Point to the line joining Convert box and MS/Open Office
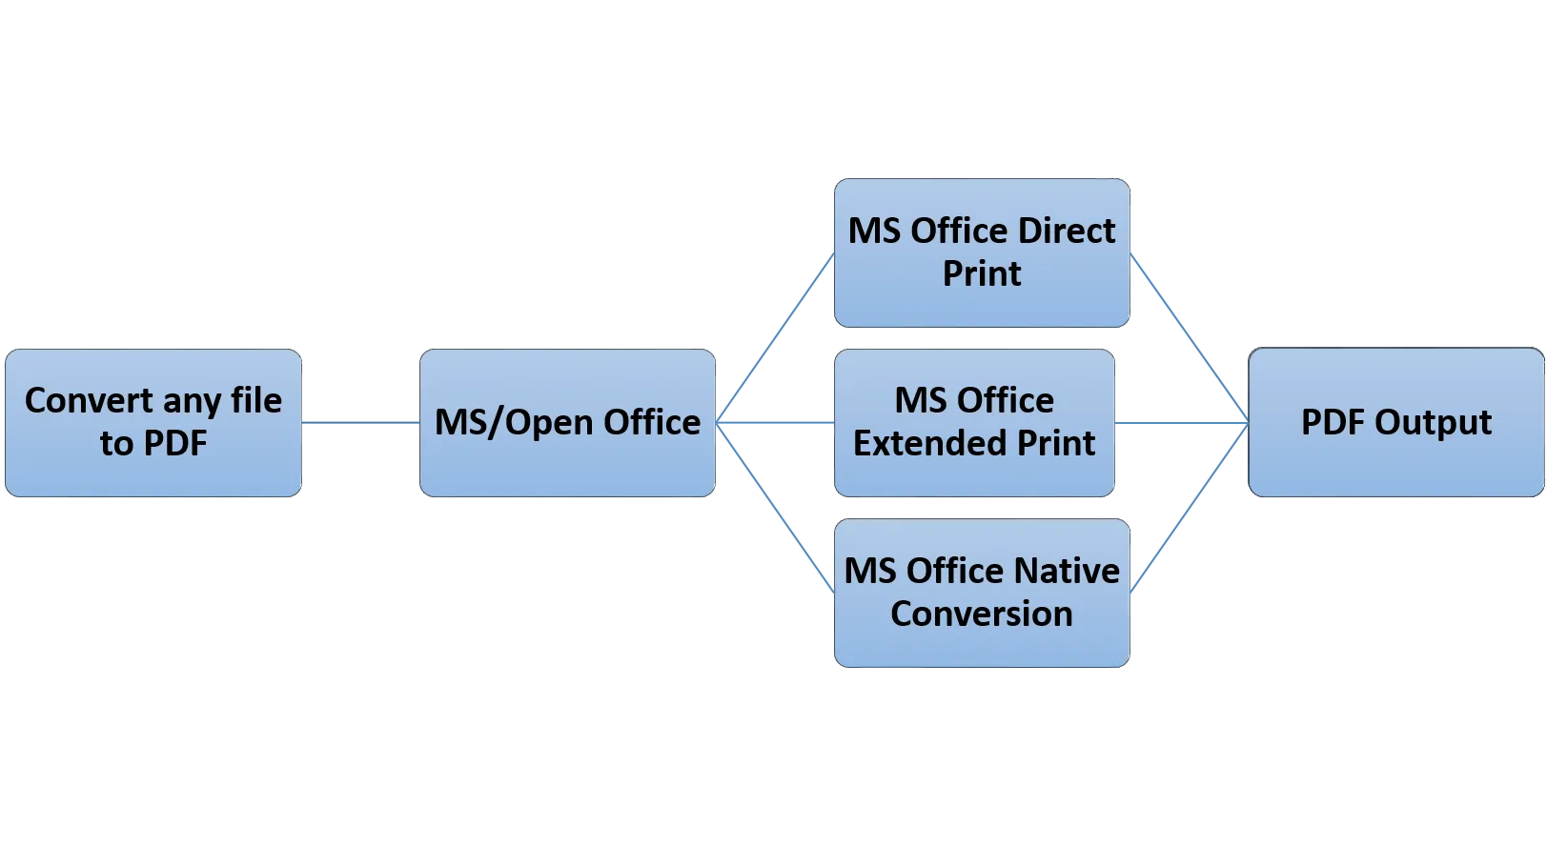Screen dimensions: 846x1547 click(361, 423)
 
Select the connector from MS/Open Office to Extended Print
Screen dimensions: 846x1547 click(775, 423)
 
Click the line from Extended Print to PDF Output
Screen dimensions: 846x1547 click(1182, 423)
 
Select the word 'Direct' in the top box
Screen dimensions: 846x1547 click(1066, 232)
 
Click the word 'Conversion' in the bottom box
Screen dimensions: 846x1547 click(981, 614)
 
